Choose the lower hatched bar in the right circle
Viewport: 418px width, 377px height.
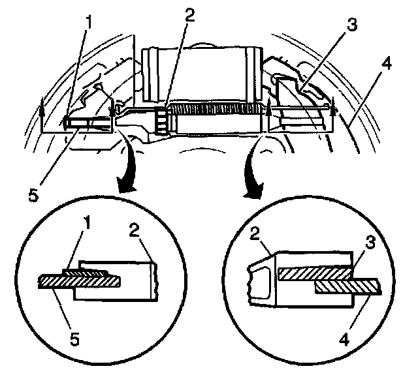[x=346, y=286]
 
